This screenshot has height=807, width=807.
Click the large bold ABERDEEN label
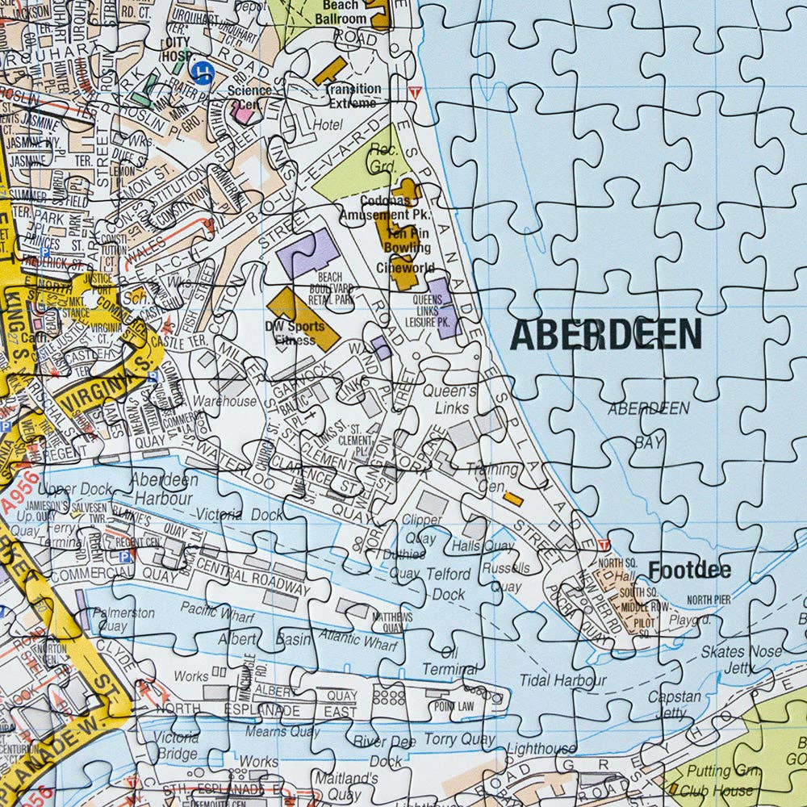point(605,334)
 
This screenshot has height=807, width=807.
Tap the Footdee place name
point(689,571)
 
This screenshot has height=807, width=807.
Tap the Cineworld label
point(406,268)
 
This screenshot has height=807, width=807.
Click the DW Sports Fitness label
point(295,333)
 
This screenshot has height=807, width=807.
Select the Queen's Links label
point(451,399)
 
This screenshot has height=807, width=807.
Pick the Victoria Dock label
point(239,514)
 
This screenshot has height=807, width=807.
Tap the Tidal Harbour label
point(562,680)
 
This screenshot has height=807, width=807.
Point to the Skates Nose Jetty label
point(740,659)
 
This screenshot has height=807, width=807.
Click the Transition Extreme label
point(352,96)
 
